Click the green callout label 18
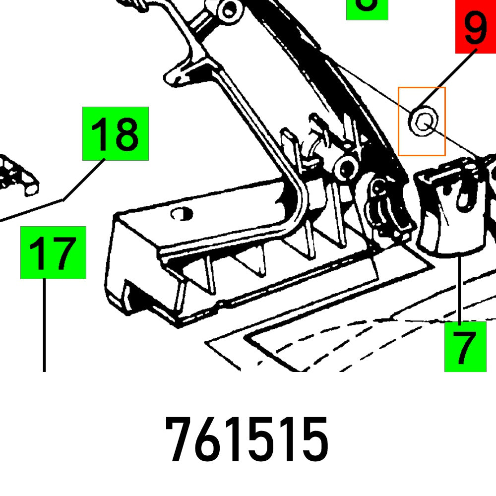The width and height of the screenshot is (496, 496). point(115,133)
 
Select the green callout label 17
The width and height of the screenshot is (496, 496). point(53,252)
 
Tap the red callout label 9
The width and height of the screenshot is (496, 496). point(475,27)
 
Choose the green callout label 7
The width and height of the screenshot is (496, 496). point(465,347)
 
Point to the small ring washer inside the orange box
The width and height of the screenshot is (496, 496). point(423,120)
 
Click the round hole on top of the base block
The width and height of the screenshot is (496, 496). point(181,214)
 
